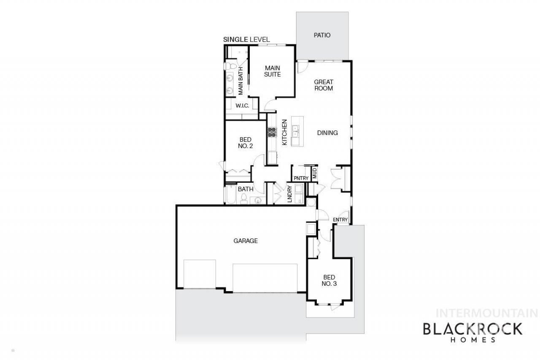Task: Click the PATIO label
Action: tap(322, 35)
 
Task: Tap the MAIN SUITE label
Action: tap(273, 71)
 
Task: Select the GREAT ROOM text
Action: tap(324, 85)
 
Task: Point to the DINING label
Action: tap(327, 133)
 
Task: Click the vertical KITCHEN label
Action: tap(284, 132)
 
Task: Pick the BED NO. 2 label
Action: tap(246, 143)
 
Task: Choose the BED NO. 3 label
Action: tap(329, 280)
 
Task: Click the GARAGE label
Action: tap(246, 241)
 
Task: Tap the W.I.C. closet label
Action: tap(242, 106)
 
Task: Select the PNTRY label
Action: tap(301, 178)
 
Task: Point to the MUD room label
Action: tap(315, 173)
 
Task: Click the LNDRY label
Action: tap(290, 194)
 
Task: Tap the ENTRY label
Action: tap(340, 219)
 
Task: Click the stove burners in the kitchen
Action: tap(272, 133)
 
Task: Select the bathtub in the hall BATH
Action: tap(231, 194)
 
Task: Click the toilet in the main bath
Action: tap(230, 66)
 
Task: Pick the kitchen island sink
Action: tap(295, 131)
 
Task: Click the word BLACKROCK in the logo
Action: tap(473, 329)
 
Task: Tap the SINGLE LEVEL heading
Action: tap(246, 40)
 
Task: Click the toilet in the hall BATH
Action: tap(244, 198)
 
